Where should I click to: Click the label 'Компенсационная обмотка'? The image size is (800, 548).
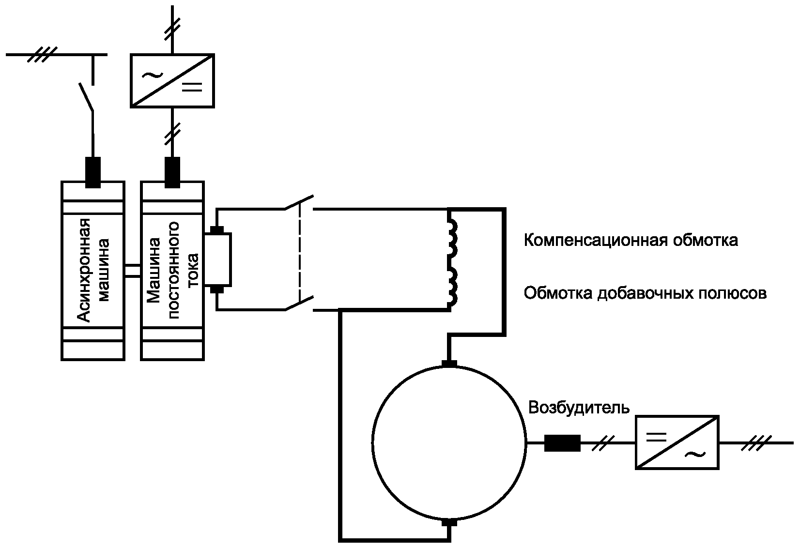[631, 240]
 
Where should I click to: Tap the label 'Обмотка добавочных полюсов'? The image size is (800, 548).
[645, 293]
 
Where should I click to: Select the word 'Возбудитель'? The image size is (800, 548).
[579, 407]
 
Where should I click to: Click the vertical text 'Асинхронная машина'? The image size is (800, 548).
[93, 270]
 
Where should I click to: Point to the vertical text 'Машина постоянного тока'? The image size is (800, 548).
[172, 270]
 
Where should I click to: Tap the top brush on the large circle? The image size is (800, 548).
[449, 364]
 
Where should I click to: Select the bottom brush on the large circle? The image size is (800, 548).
[449, 522]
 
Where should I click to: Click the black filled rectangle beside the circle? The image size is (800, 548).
[562, 443]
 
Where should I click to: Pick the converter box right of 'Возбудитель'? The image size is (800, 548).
[677, 442]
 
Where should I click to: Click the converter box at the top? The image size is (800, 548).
[172, 81]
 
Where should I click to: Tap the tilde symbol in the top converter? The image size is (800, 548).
[152, 75]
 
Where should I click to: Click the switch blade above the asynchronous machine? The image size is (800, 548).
[86, 97]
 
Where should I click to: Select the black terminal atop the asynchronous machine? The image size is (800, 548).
[93, 172]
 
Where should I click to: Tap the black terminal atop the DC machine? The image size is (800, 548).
[172, 172]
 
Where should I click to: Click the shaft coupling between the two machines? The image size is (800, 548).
[133, 270]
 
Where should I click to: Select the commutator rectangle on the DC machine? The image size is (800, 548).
[217, 259]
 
